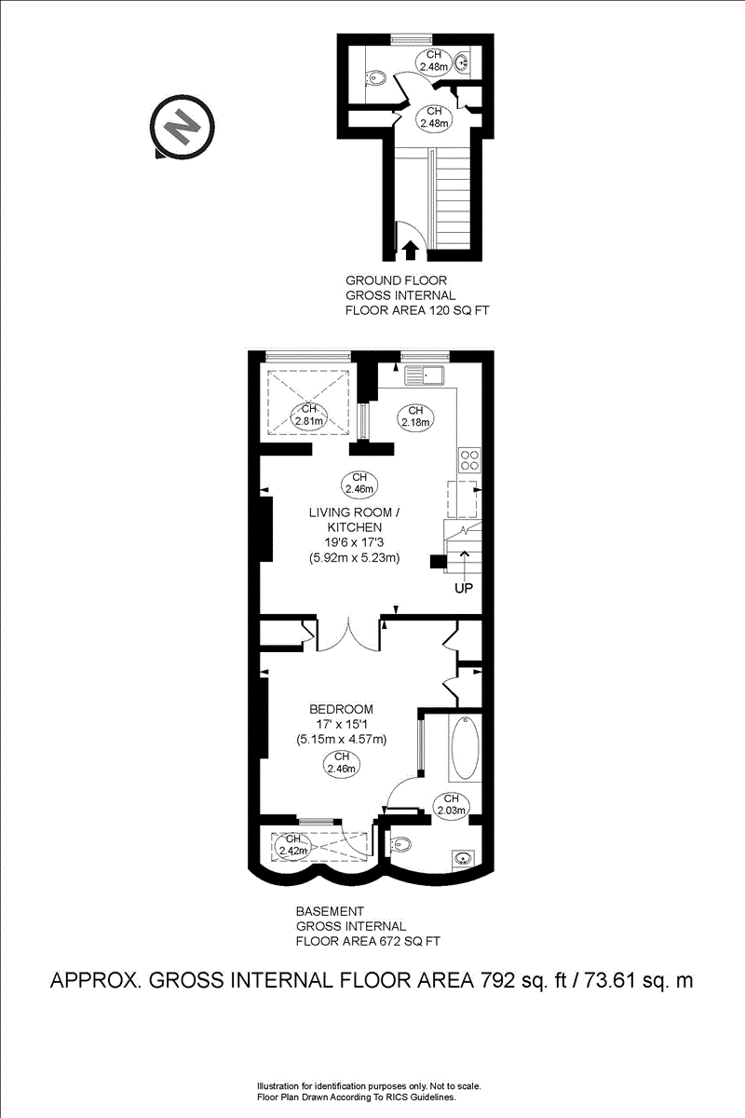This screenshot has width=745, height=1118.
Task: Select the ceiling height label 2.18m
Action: pyautogui.click(x=415, y=416)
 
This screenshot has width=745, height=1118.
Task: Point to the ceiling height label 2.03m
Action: pyautogui.click(x=452, y=804)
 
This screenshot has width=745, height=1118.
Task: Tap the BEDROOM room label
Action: pyautogui.click(x=342, y=708)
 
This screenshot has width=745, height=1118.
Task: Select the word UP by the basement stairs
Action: pyautogui.click(x=465, y=589)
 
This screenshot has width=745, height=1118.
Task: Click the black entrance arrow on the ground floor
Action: pyautogui.click(x=410, y=250)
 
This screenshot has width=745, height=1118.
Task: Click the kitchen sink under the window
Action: pyautogui.click(x=427, y=375)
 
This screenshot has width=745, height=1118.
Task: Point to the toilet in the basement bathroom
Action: pyautogui.click(x=399, y=844)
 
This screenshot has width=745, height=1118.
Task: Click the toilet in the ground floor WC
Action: pyautogui.click(x=375, y=79)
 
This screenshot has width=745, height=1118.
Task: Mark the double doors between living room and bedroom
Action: pyautogui.click(x=349, y=634)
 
